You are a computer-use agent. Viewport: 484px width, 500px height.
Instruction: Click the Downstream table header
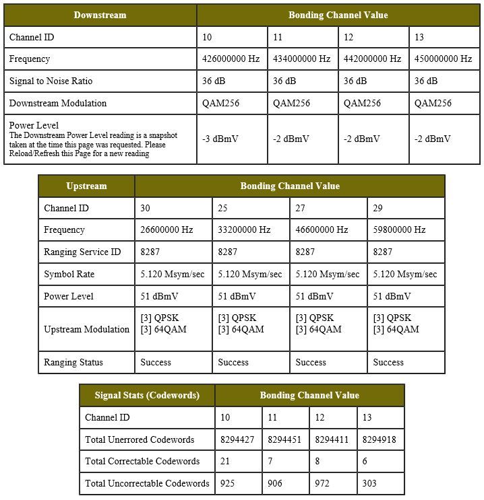click(100, 15)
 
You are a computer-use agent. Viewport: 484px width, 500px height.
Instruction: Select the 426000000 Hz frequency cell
click(231, 59)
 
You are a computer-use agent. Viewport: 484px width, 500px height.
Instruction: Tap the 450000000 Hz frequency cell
click(443, 59)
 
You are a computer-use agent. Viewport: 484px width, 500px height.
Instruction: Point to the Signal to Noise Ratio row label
click(51, 81)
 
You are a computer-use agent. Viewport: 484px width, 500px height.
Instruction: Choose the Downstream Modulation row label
click(58, 104)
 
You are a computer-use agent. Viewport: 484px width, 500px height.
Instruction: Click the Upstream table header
click(86, 186)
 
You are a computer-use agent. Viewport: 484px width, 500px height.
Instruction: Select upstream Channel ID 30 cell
click(146, 209)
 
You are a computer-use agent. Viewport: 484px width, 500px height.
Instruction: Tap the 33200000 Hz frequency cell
click(244, 230)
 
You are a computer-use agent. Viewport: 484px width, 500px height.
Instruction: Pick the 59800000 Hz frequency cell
click(399, 230)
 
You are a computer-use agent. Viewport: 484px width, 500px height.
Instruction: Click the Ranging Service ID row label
click(82, 252)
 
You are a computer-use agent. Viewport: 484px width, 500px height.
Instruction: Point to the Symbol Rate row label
click(69, 275)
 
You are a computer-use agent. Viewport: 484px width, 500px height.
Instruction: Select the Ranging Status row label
click(73, 363)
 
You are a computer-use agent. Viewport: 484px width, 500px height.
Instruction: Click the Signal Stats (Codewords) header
click(147, 396)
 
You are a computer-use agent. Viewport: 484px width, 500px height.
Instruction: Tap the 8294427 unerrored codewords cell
click(237, 440)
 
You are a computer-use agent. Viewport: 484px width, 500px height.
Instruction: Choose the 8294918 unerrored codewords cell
click(380, 440)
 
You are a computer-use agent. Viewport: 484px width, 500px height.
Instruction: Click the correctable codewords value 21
click(226, 462)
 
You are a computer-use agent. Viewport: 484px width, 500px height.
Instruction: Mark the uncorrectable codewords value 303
click(370, 484)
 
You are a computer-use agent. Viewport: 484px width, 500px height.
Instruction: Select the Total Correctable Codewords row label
click(142, 462)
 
